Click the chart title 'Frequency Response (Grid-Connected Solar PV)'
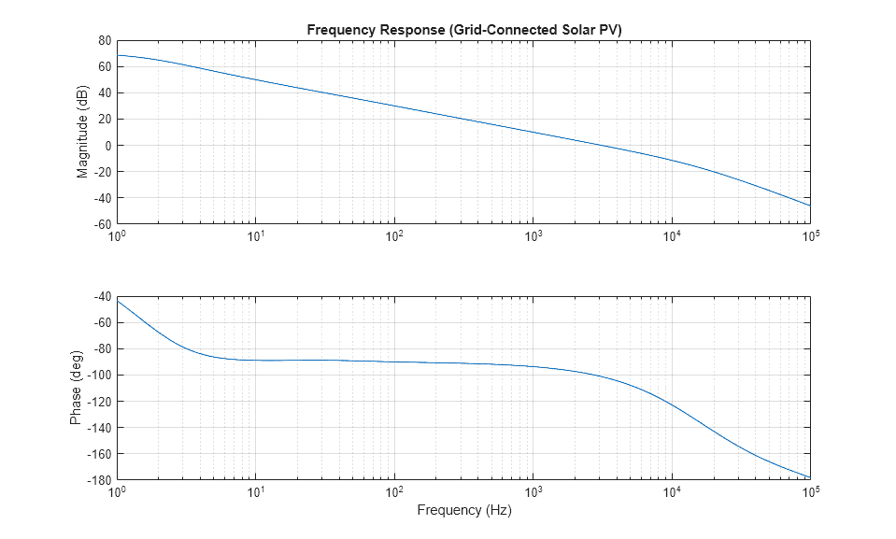(463, 30)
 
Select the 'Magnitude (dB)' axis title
(83, 133)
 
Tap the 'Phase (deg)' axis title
(76, 388)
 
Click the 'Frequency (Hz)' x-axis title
(463, 511)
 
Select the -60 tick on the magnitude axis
(101, 225)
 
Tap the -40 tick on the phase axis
(101, 297)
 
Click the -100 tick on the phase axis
(98, 376)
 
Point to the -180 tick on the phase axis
(98, 481)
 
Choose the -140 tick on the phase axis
(98, 428)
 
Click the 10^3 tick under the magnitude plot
(533, 236)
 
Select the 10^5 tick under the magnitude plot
(810, 236)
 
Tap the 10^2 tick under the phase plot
(394, 492)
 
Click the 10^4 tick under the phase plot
(672, 492)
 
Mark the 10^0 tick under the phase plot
(117, 492)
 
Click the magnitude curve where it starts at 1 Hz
(117, 55)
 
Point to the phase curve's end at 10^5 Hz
(810, 477)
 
